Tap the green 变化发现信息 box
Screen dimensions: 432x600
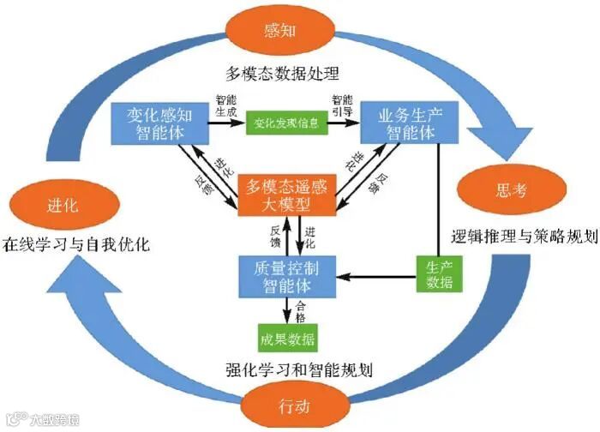[x=287, y=123]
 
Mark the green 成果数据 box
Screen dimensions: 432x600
[x=287, y=337]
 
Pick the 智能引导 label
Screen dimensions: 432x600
[x=341, y=105]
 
